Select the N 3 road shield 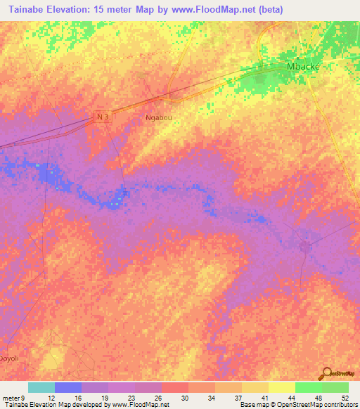(103, 117)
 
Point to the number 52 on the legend (345, 397)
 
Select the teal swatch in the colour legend (41, 387)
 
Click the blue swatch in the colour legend (68, 387)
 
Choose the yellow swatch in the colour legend (282, 387)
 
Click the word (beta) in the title (282, 9)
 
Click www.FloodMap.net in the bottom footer (141, 405)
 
